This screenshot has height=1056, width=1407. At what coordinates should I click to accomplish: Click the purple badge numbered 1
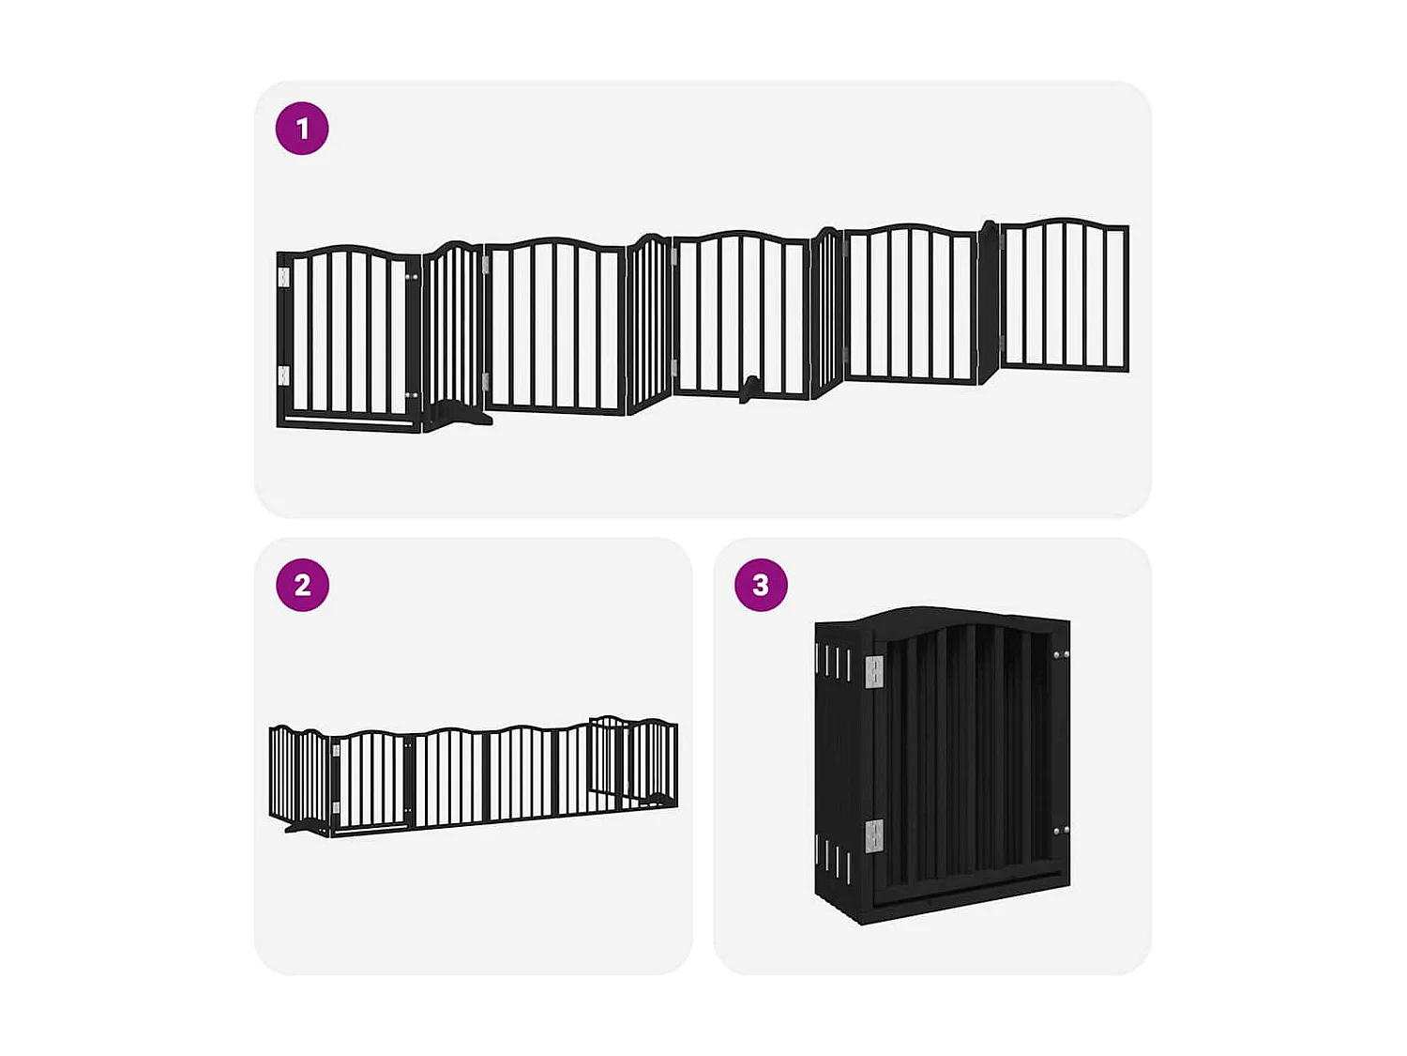pos(302,129)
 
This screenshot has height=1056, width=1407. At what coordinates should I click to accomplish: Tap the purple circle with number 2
pos(302,585)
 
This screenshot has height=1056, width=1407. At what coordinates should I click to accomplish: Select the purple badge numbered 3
pos(761,585)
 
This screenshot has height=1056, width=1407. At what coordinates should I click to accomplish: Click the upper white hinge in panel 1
pos(284,277)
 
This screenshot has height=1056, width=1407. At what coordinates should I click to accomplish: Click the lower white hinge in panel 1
pos(284,375)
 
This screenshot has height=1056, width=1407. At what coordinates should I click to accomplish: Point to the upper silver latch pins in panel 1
pos(411,277)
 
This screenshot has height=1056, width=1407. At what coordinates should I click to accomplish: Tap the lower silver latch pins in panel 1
pos(411,396)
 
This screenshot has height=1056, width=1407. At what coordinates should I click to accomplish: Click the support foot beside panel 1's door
pos(460,415)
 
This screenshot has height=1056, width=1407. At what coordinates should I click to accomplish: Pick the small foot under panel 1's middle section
pos(749,387)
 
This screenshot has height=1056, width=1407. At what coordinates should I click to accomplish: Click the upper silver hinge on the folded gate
pos(873,670)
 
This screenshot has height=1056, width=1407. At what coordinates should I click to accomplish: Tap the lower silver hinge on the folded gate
pos(873,835)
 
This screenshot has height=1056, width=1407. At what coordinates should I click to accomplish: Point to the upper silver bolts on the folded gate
pos(1060,654)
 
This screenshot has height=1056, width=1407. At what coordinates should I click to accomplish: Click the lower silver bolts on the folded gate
pos(1060,831)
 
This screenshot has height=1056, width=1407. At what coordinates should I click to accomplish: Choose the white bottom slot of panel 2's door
pos(371,829)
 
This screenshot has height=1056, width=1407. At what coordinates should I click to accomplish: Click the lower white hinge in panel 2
pos(336,807)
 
